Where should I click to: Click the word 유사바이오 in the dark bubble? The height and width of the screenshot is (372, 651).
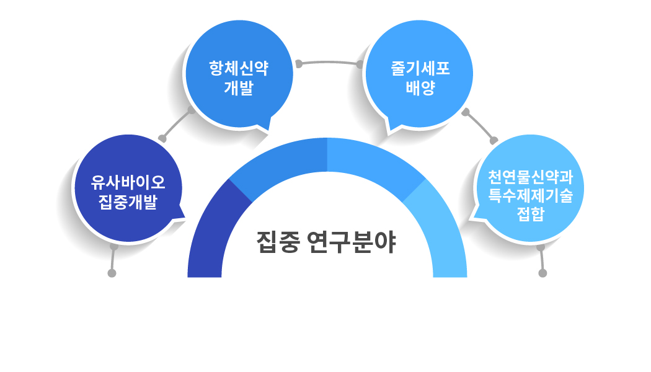point(128,183)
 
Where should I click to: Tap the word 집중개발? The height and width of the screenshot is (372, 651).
point(128,202)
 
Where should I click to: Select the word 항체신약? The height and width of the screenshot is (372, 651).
point(239,68)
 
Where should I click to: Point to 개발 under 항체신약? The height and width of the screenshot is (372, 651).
point(239,87)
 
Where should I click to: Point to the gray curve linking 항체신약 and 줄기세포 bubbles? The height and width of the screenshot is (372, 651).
point(329,62)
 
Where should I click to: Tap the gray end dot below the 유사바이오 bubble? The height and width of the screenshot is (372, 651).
point(112,273)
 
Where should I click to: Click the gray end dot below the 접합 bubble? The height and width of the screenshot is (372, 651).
point(543,273)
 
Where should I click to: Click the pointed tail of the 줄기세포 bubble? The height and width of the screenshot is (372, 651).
point(391,130)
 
